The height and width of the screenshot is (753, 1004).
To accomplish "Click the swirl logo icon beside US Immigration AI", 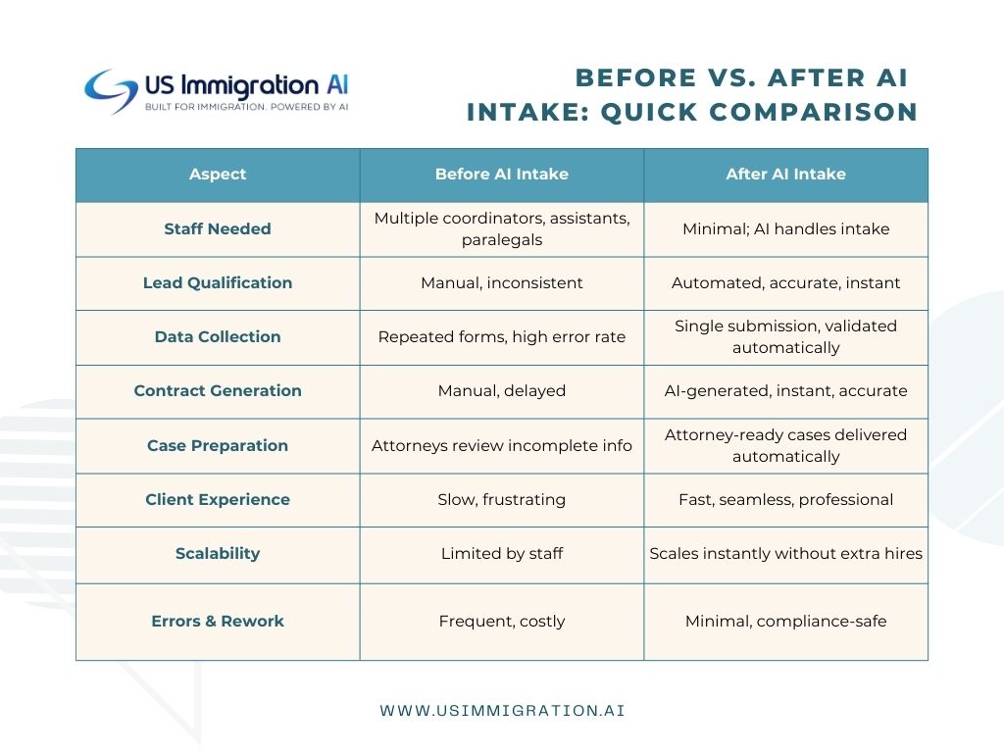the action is click(x=111, y=91).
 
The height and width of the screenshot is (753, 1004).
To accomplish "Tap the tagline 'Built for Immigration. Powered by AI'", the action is click(x=246, y=107).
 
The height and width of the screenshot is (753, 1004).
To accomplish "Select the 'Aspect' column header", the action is click(x=218, y=175).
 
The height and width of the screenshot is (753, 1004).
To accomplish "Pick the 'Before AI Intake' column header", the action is click(x=502, y=175).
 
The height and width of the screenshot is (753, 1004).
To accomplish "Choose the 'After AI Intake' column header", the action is click(x=785, y=175).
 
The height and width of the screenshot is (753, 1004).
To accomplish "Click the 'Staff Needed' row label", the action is click(x=218, y=229).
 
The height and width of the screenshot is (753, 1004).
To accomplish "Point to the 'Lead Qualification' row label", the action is click(x=218, y=283).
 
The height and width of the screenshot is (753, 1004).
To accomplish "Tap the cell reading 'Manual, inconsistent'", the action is click(x=502, y=283).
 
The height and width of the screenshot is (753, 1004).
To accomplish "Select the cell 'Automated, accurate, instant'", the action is click(x=785, y=283).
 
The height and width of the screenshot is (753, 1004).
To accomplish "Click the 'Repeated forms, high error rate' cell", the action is click(x=502, y=337).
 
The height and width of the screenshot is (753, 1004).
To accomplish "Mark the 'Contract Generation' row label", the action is click(x=218, y=390).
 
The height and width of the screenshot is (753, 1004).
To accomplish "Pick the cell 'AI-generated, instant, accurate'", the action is click(x=785, y=390).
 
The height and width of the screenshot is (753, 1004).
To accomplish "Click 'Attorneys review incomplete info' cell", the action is click(x=502, y=446).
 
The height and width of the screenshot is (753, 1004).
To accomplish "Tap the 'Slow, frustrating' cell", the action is click(x=502, y=499).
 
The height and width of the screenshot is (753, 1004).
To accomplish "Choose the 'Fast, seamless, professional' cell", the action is click(x=785, y=499).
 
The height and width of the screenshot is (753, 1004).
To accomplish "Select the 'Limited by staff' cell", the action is click(x=502, y=553).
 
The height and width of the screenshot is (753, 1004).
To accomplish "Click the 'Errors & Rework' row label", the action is click(x=218, y=621).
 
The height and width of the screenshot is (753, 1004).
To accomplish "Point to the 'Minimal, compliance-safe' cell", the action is click(x=785, y=621).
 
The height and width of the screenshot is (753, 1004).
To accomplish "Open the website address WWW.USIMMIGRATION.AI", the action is click(x=502, y=711).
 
